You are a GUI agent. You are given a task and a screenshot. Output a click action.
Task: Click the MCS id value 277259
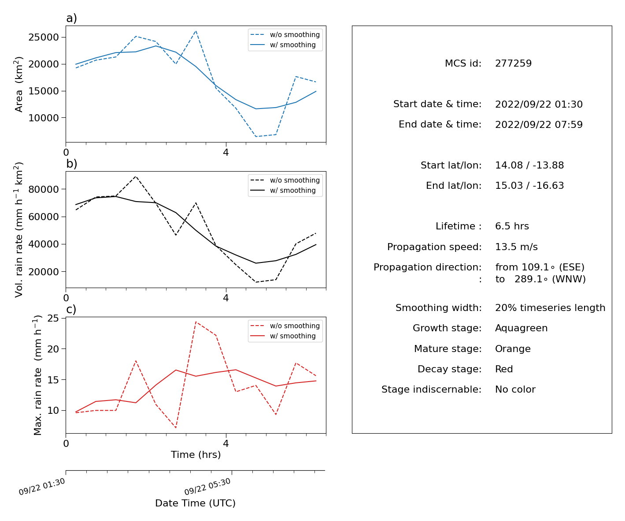[x=513, y=63]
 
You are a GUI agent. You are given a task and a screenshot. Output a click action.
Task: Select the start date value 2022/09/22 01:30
[x=539, y=104]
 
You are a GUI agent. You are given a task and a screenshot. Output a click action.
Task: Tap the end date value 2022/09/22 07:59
[x=539, y=124]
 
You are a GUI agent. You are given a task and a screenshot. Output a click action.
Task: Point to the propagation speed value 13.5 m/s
[x=516, y=247]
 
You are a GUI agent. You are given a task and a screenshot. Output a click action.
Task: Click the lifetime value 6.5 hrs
[x=512, y=226]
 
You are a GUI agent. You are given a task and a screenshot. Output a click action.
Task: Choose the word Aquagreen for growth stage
[x=521, y=328]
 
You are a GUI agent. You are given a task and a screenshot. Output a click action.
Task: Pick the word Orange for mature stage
[x=513, y=349]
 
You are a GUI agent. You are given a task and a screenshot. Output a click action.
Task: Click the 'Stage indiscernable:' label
[x=431, y=390]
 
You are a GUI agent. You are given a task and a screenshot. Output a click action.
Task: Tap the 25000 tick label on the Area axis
[x=44, y=37]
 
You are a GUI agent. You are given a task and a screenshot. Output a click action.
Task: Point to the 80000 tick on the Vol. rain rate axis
[x=44, y=189]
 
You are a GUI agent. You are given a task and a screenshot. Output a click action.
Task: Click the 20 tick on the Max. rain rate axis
[x=53, y=349]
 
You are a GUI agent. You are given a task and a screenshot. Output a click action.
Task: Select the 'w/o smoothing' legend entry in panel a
[x=285, y=35]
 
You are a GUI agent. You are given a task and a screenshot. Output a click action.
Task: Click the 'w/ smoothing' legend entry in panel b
[x=283, y=190]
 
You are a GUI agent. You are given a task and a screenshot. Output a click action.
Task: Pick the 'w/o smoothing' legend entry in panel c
[x=285, y=326]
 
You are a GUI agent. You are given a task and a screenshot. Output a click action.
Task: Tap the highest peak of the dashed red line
[x=196, y=322]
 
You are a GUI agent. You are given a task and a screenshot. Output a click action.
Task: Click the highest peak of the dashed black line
[x=136, y=176]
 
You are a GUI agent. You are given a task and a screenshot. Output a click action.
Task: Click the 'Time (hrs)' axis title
[x=196, y=455]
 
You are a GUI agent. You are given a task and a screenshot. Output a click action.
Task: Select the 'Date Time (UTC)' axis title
[x=195, y=503]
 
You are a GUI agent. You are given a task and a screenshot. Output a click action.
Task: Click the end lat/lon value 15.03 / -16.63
[x=529, y=186]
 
